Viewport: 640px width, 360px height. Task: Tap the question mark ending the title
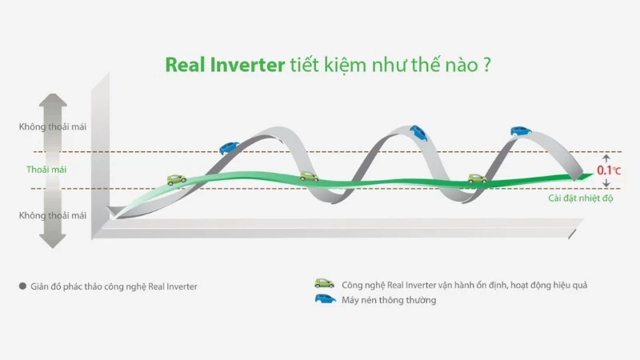pos(486,65)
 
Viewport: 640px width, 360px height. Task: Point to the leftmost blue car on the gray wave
pos(229,148)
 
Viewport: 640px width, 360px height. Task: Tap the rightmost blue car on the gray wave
pos(521,130)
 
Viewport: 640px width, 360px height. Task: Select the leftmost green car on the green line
pos(177,179)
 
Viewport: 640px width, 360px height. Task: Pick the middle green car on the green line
pos(309,176)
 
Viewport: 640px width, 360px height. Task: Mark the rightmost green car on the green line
pos(477,179)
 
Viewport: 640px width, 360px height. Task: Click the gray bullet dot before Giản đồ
pos(22,285)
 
